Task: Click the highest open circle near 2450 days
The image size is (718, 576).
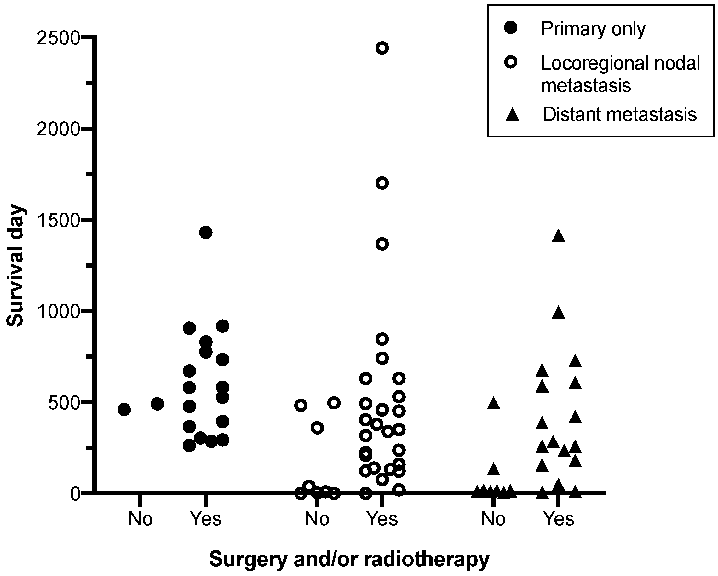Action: point(382,48)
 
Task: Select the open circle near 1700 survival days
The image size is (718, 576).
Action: point(382,183)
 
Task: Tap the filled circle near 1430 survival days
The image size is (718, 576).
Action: point(205,232)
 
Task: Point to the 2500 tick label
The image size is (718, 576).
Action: point(59,38)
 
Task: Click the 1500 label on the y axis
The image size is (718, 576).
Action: point(59,220)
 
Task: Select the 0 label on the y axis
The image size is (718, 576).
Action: point(76,494)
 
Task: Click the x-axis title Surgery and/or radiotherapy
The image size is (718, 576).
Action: point(349,559)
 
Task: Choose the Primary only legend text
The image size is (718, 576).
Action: point(593,29)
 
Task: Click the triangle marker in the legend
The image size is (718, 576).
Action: point(512,115)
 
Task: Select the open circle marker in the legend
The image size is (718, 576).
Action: point(511,62)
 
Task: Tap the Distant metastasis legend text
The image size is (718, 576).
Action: point(619,115)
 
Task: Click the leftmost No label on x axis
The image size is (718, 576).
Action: point(140,519)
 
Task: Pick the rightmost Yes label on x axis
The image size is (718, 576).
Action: point(559,519)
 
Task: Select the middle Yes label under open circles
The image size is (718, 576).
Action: point(382,519)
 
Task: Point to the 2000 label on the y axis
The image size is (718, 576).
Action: point(59,129)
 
